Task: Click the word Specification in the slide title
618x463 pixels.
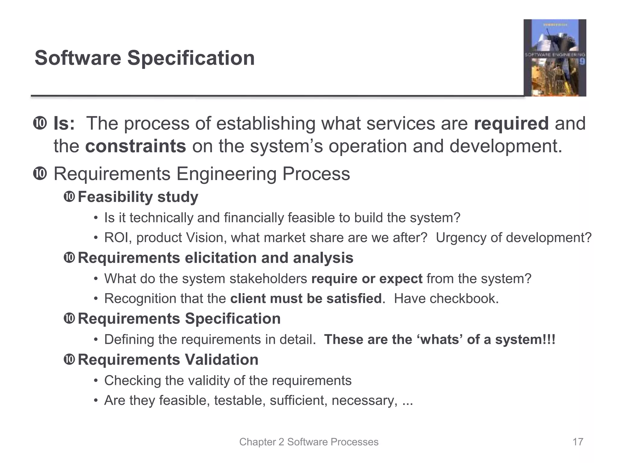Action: click(191, 58)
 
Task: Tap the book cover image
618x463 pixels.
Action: click(555, 58)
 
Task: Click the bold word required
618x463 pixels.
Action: click(511, 124)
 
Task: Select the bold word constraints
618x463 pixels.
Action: click(135, 146)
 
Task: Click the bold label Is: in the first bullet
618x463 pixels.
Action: click(64, 124)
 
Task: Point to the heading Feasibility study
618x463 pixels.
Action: click(138, 197)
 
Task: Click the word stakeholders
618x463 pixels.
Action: click(268, 279)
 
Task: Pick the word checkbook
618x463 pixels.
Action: click(462, 299)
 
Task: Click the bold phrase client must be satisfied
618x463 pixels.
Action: click(306, 299)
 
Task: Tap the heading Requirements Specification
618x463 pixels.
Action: click(179, 319)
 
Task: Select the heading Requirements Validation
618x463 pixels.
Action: click(168, 360)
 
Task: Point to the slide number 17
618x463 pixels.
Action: click(578, 442)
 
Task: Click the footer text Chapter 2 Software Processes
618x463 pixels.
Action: click(309, 442)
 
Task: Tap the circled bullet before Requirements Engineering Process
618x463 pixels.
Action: click(40, 174)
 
